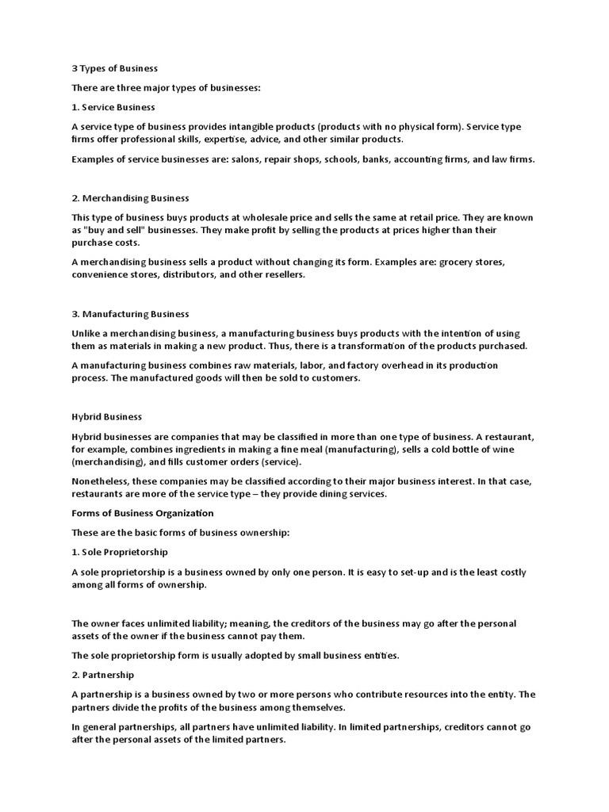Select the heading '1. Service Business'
(113, 107)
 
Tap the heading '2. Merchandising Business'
(130, 197)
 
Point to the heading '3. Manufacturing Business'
(130, 314)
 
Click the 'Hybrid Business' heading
(107, 417)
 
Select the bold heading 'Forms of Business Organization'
(143, 513)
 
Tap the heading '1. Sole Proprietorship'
(120, 552)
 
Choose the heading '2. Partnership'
(103, 675)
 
